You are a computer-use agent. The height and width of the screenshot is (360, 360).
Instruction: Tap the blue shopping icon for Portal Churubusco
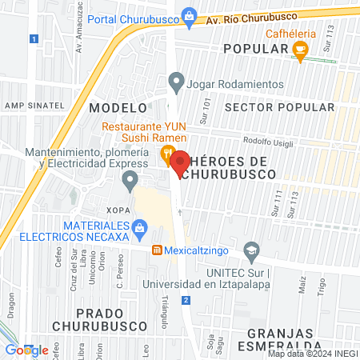coord(189,14)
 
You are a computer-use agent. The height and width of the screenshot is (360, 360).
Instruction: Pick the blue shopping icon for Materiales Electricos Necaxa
coord(140,228)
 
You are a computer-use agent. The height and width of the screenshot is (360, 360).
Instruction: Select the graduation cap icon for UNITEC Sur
coord(252,250)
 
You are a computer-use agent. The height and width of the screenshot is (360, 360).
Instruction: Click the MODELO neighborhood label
coord(118,106)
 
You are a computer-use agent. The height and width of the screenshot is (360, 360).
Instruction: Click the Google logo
coord(27,350)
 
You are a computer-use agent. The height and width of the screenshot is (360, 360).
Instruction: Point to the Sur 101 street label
coord(206,105)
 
